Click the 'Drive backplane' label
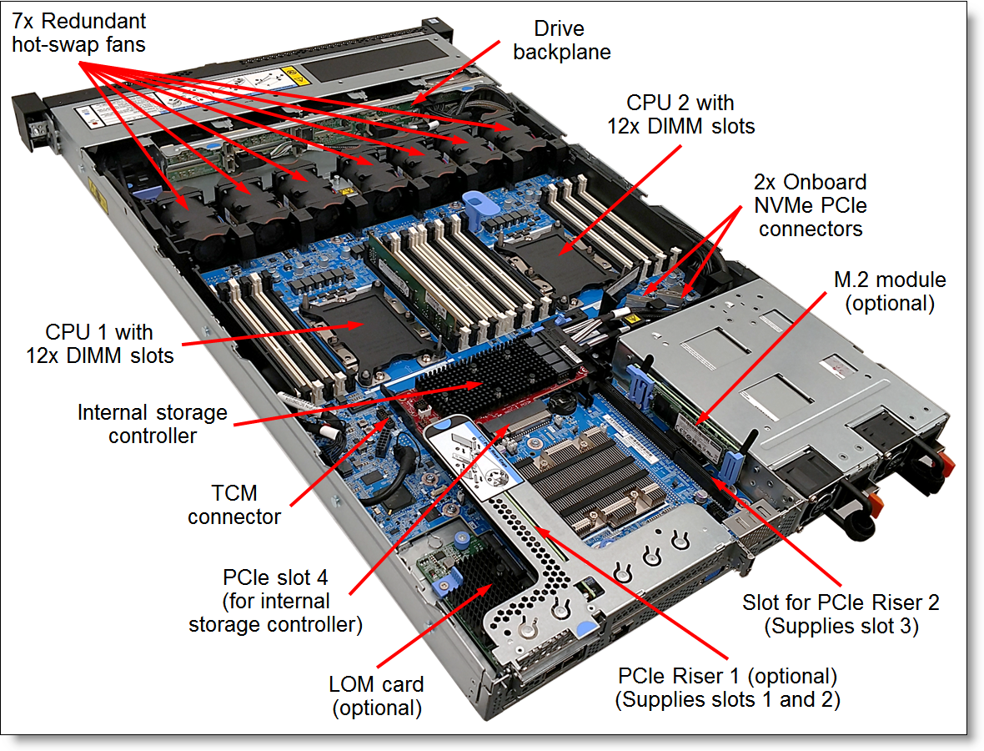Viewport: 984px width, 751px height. coord(561,40)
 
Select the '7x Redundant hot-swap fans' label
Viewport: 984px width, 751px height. coord(79,32)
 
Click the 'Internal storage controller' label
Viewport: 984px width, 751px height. coord(152,423)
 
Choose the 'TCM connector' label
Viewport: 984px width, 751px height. coord(234,506)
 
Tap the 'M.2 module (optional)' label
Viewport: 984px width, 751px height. coord(890,291)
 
